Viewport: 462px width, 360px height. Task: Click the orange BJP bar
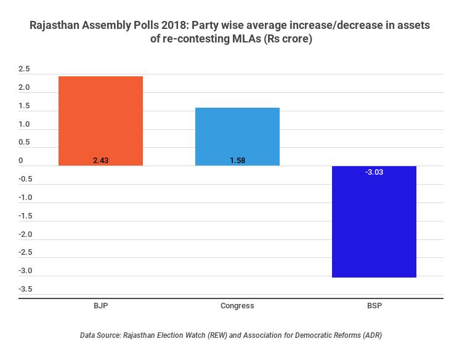(x=101, y=121)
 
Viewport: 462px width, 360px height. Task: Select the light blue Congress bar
(x=237, y=137)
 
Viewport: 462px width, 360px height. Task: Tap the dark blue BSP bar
(x=374, y=222)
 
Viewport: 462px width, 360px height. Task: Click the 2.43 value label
(x=101, y=161)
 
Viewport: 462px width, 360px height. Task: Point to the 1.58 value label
(x=237, y=161)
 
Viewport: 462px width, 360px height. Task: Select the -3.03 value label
(x=374, y=172)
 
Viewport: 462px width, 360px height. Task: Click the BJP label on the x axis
(x=101, y=306)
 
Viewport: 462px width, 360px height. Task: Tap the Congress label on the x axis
(x=237, y=306)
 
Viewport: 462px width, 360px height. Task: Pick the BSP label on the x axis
(x=374, y=306)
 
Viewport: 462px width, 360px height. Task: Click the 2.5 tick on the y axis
(x=24, y=69)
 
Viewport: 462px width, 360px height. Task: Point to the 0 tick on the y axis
(x=20, y=161)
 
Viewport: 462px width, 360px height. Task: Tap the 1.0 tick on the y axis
(x=24, y=124)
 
